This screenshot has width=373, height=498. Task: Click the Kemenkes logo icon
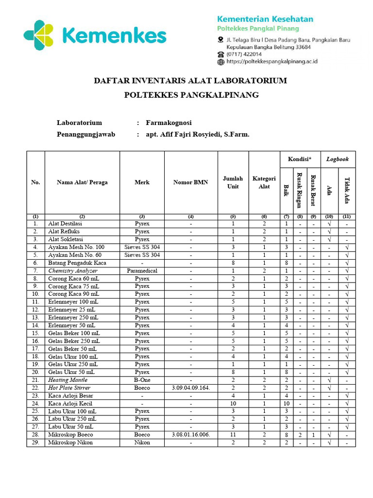coord(39,36)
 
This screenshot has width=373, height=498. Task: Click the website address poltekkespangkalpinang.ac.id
coord(272,62)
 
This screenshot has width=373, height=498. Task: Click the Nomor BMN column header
coord(191,182)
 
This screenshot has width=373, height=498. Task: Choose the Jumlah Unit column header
coord(233,182)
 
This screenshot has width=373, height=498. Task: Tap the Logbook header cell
coord(338,159)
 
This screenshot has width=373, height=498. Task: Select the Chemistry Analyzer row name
coord(73,270)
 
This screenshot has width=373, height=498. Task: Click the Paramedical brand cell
coord(142,270)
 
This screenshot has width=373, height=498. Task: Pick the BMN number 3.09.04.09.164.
coord(191,388)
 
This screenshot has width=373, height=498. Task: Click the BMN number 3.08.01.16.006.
coord(191,434)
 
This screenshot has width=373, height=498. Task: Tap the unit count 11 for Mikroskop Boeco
coord(233,434)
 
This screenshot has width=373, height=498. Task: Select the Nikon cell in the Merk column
coord(142,443)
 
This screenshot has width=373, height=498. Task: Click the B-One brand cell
coord(142,380)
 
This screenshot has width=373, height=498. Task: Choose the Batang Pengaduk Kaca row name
coord(77,263)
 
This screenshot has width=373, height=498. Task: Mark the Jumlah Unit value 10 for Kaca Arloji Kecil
coord(233,403)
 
